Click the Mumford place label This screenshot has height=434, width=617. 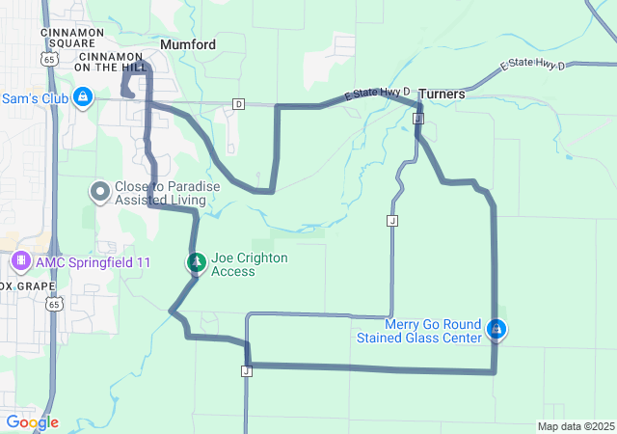click(188, 45)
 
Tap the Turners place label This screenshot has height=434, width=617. click(442, 95)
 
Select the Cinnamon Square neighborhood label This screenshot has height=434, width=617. click(67, 38)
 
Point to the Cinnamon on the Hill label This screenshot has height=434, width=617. click(113, 62)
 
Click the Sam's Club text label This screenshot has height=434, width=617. click(32, 97)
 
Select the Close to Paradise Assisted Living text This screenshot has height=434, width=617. click(160, 193)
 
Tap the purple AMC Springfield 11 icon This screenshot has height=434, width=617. click(20, 261)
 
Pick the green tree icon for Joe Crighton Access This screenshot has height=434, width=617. click(196, 262)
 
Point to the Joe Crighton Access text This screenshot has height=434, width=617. click(249, 264)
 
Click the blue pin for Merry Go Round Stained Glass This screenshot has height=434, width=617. click(496, 329)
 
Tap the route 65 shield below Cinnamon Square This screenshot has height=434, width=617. click(48, 60)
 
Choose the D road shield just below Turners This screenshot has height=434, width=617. click(417, 119)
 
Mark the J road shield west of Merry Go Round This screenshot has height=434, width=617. click(392, 221)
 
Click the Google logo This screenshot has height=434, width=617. click(32, 421)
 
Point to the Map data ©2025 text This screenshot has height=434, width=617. click(576, 426)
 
